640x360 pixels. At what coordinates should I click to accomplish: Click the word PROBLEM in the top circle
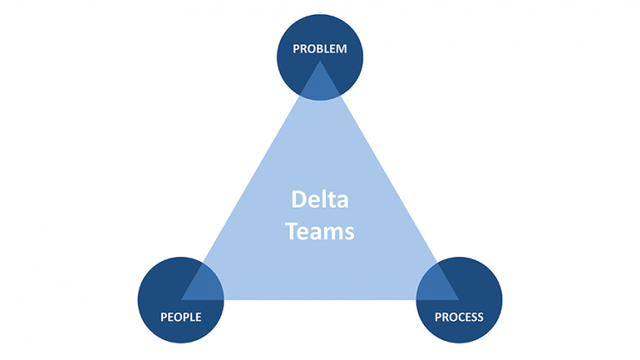click(x=319, y=50)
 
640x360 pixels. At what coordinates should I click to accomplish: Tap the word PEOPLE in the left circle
click(x=180, y=318)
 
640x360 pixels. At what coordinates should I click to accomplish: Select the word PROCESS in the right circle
click(x=459, y=318)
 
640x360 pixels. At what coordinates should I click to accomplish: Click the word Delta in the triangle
click(x=319, y=200)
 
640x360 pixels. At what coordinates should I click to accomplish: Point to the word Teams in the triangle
click(x=319, y=231)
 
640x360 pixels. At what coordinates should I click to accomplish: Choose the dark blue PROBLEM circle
click(x=319, y=37)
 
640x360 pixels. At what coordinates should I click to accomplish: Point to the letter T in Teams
click(x=291, y=231)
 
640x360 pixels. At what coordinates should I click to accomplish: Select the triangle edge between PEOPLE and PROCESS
click(x=319, y=298)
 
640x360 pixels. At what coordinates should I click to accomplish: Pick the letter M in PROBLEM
click(x=341, y=50)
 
